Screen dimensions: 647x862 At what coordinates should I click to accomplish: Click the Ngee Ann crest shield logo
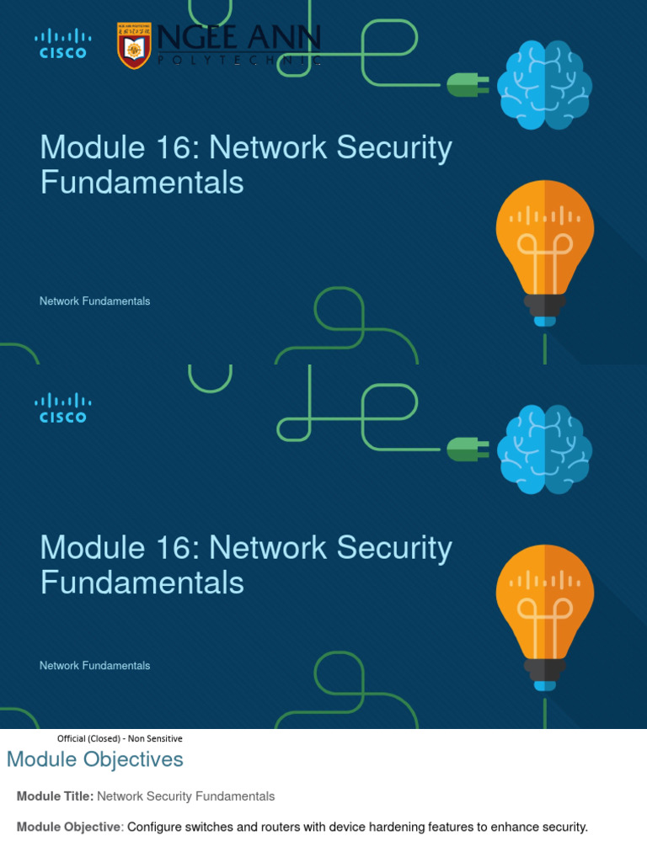[x=134, y=45]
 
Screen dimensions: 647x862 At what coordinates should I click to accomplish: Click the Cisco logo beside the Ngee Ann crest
[x=62, y=43]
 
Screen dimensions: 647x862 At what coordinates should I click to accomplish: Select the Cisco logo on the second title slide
[x=62, y=407]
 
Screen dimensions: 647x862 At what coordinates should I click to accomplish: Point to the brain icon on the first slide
[x=544, y=85]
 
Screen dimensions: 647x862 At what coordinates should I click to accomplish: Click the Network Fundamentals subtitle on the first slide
[x=94, y=301]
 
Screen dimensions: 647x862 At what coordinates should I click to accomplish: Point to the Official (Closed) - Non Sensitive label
[x=120, y=738]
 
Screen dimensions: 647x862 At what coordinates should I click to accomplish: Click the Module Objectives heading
[x=94, y=759]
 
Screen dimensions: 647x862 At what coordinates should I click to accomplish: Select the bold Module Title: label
[x=55, y=796]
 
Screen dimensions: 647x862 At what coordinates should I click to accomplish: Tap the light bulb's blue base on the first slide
[x=545, y=321]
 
